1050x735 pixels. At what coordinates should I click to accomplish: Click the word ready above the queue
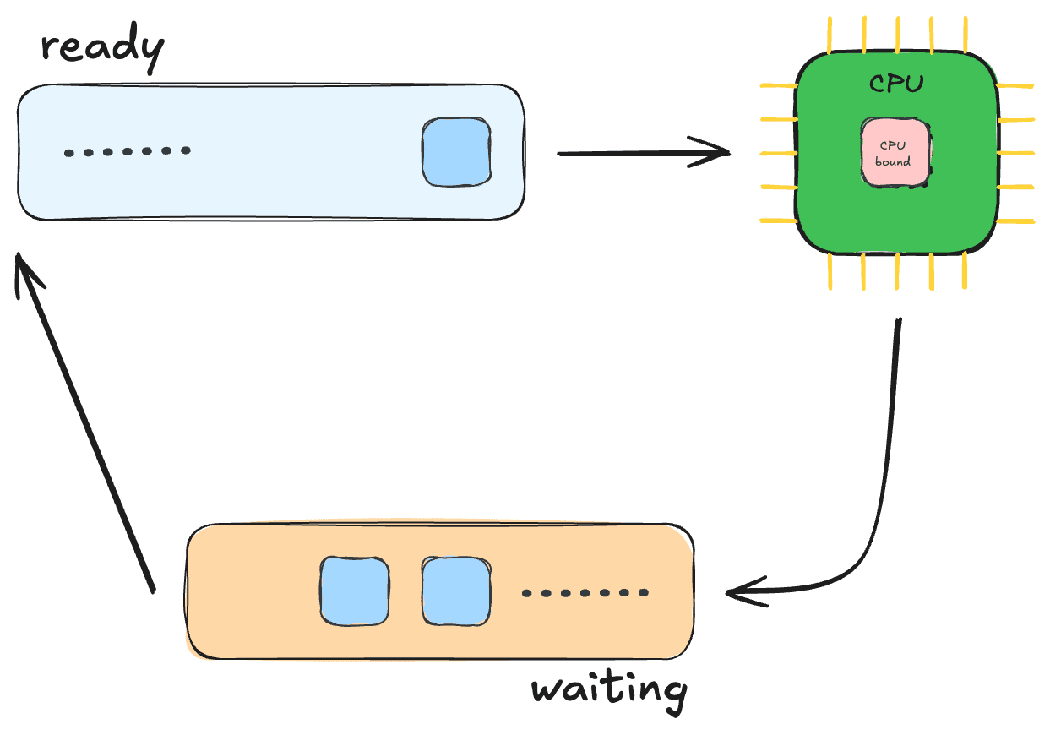pos(103,48)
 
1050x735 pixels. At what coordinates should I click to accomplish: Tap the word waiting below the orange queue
pos(609,693)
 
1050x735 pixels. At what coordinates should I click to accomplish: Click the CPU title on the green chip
pos(896,84)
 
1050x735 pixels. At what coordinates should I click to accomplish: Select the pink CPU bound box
pos(895,153)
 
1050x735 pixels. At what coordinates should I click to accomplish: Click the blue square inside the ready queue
pos(456,152)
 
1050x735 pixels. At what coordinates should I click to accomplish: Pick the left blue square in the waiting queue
pos(355,591)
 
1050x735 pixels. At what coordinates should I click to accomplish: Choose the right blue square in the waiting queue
pos(456,591)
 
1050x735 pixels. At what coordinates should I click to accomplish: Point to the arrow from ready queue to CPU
pos(644,152)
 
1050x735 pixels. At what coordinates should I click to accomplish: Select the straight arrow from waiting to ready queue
pos(84,422)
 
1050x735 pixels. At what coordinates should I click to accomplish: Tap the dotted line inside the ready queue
pos(128,151)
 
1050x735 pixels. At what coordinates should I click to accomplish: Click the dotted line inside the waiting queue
pos(585,593)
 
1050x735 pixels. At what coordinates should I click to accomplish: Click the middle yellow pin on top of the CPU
pos(897,35)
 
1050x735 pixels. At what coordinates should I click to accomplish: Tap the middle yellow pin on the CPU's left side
pos(779,153)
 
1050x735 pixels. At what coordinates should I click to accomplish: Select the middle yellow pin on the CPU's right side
pos(1015,153)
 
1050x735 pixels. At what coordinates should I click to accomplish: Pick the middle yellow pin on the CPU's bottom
pos(897,271)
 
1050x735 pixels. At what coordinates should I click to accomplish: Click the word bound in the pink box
pos(893,161)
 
